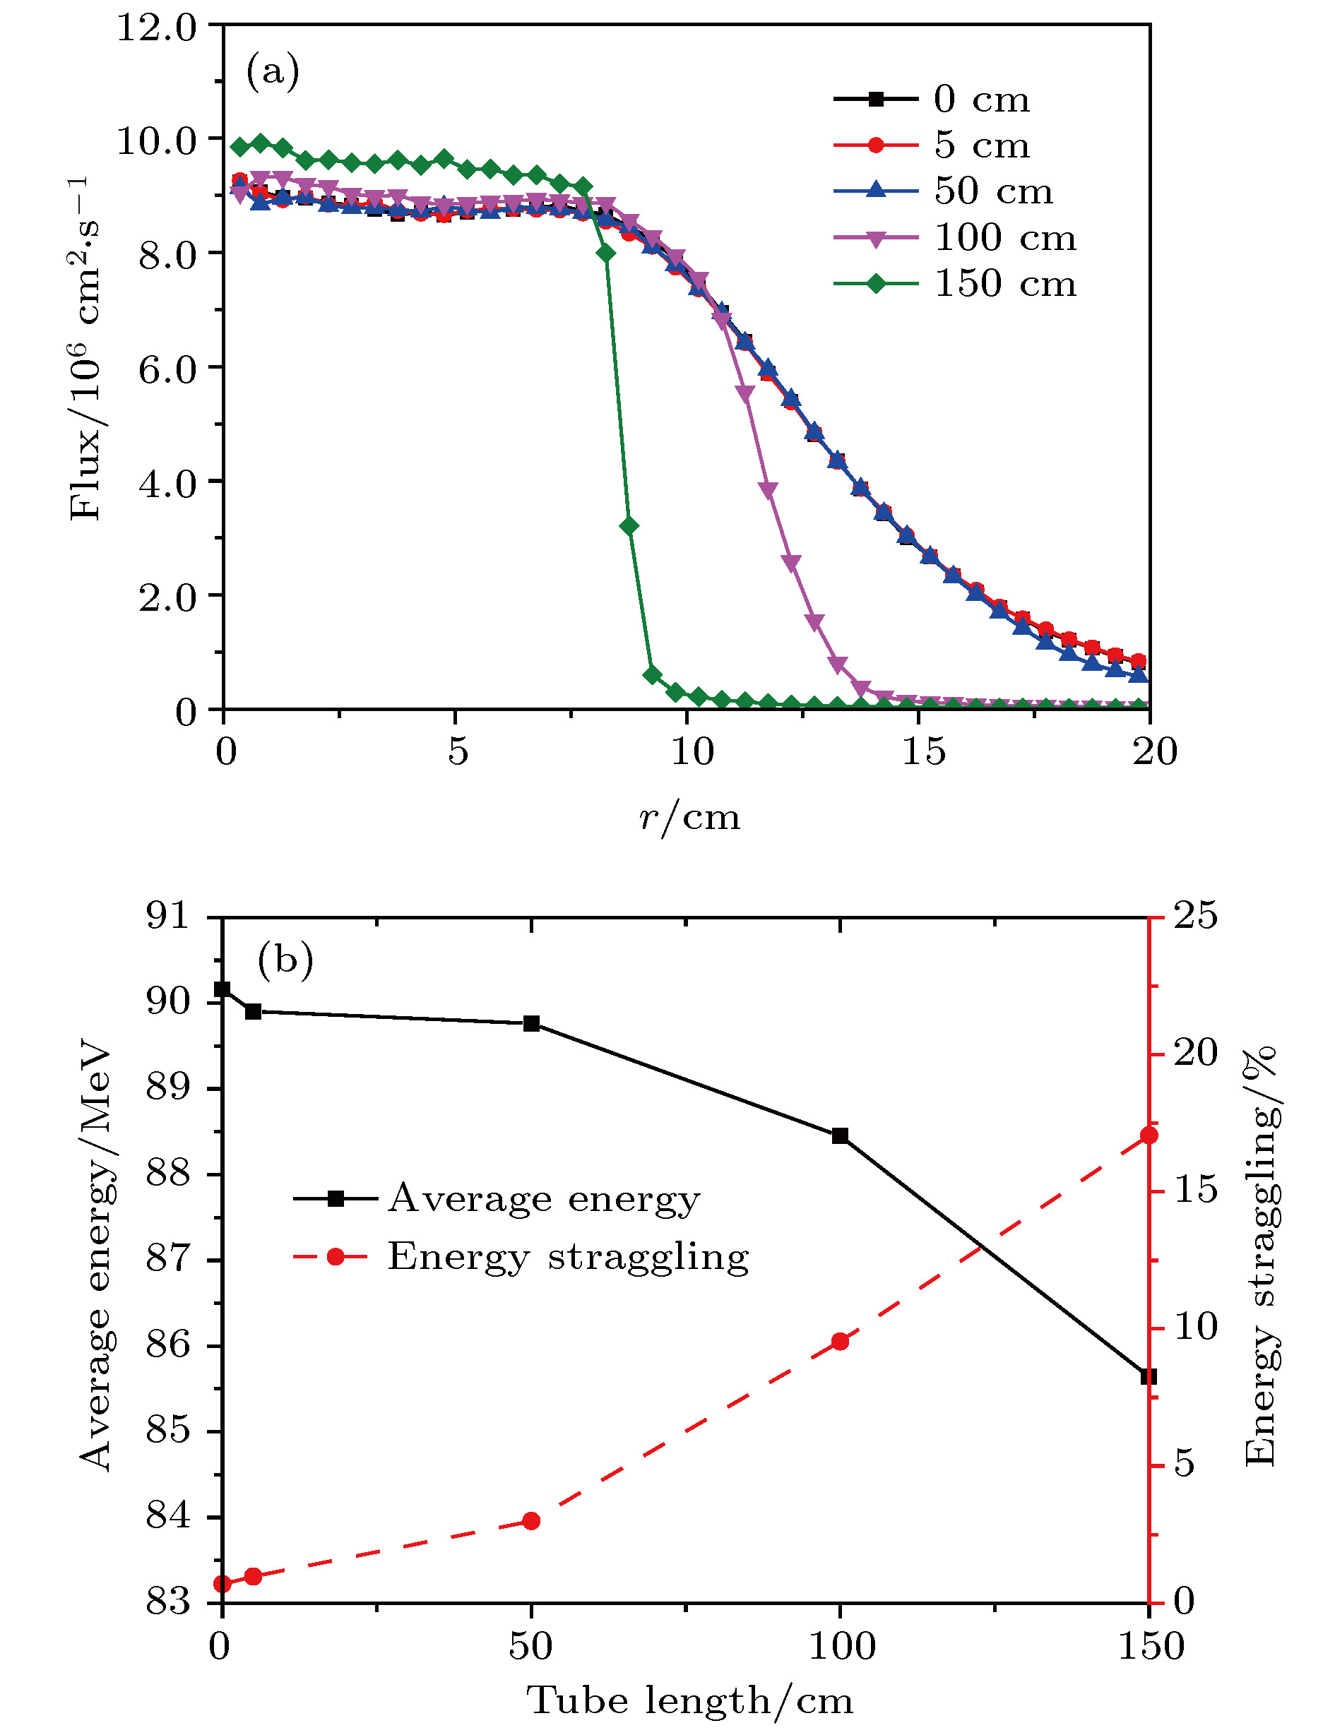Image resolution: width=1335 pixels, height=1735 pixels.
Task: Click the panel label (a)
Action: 273,71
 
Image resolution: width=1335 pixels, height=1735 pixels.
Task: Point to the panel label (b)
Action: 285,960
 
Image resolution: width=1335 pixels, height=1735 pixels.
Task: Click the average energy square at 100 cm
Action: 840,1136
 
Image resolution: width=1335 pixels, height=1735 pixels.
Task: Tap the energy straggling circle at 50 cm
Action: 532,1521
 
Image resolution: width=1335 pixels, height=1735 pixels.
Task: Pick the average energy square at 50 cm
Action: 532,1023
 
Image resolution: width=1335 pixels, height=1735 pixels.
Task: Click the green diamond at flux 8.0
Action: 606,253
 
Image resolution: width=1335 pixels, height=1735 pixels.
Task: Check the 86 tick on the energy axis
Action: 170,1346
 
